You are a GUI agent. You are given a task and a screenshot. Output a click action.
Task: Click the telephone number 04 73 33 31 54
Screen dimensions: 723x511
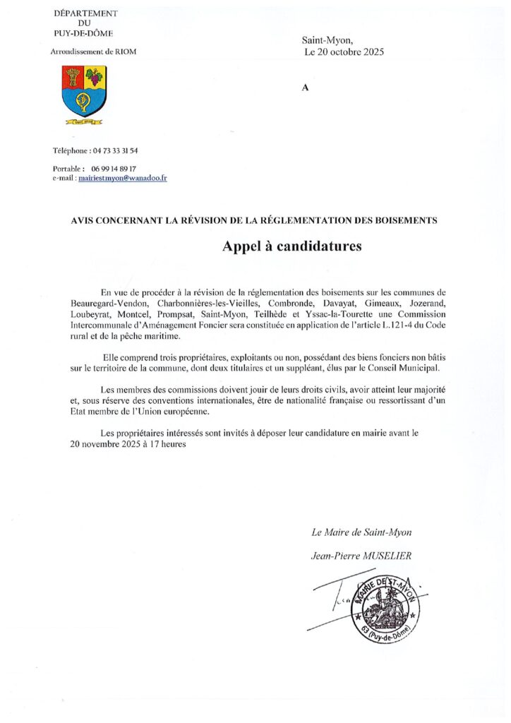point(114,151)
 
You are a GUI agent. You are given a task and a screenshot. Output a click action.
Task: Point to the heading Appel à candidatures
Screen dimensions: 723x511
point(291,246)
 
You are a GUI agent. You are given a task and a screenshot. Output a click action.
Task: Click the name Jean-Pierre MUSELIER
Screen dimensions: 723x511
point(361,556)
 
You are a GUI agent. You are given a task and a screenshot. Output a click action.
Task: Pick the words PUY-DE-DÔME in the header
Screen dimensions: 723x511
point(83,33)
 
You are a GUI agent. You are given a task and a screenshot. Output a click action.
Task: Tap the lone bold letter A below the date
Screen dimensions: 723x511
point(305,88)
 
